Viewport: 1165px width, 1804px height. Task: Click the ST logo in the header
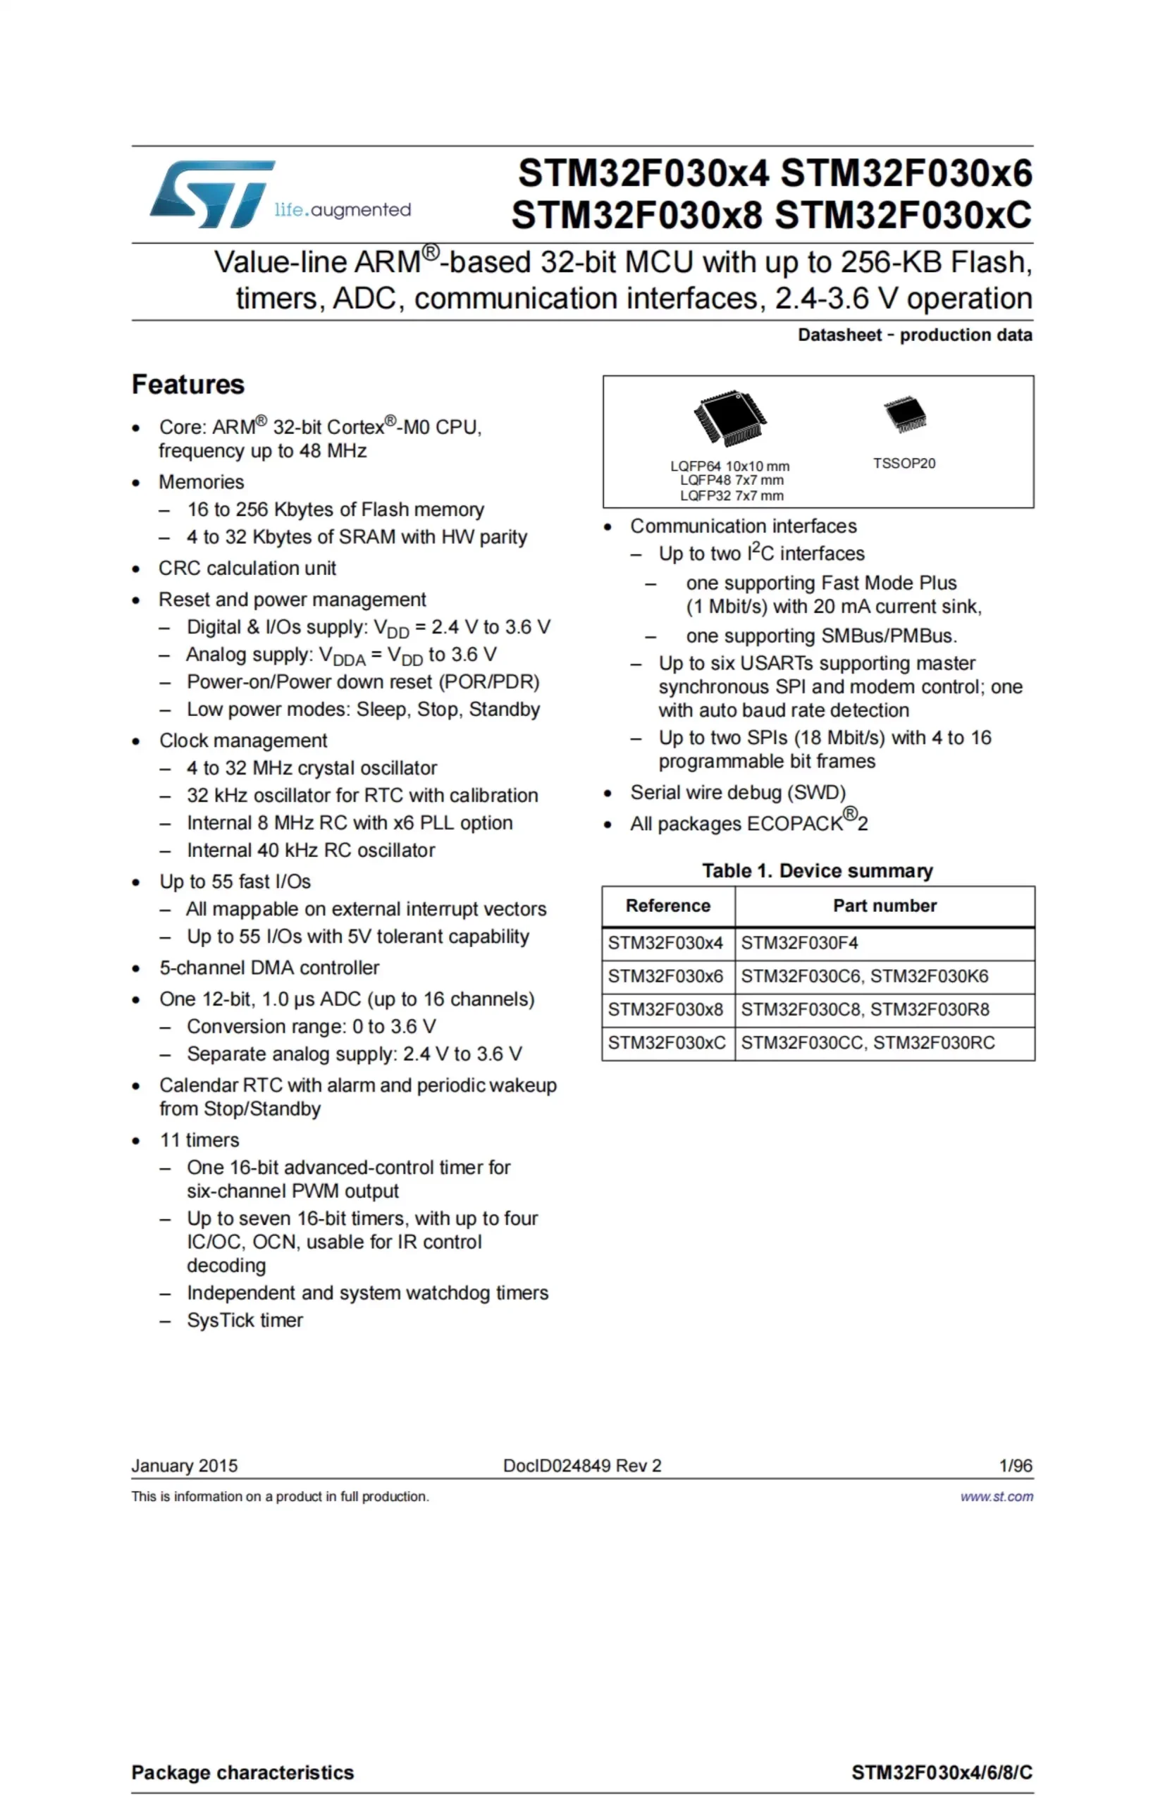[212, 194]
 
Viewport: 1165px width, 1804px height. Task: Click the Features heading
[187, 384]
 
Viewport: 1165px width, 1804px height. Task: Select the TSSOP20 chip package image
[905, 415]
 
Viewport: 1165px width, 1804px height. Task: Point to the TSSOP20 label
[904, 464]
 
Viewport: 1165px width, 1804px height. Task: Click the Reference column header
[668, 906]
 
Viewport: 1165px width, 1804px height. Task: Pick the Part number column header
[884, 906]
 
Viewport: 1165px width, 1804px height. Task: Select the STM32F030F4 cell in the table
[800, 943]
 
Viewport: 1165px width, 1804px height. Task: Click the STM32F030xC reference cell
[667, 1043]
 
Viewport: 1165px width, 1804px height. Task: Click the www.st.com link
[997, 1497]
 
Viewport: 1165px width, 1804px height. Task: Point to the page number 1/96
[1015, 1466]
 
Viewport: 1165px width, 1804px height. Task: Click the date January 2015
[185, 1466]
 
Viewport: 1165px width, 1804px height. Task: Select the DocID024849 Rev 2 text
[581, 1466]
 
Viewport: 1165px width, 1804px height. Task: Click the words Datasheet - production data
[915, 335]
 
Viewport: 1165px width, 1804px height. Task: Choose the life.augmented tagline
[343, 209]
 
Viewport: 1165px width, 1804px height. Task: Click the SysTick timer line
[245, 1321]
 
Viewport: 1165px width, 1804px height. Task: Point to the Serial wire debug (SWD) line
[738, 793]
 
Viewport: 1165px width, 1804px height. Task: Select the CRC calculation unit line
[247, 568]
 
